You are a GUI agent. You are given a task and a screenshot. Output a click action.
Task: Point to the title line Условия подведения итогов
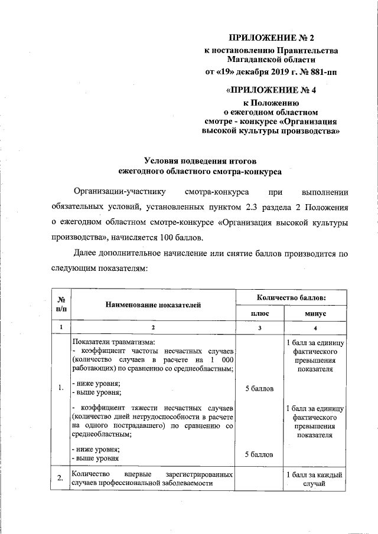pos(201,160)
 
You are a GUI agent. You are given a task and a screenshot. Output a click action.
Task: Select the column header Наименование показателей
pos(153,304)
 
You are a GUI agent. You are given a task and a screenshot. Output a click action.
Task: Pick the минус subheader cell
pos(315,313)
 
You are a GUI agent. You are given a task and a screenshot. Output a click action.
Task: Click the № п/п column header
pos(61,304)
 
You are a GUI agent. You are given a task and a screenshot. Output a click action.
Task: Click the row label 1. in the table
pos(61,387)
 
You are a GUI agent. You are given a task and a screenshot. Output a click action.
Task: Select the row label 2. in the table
pos(61,479)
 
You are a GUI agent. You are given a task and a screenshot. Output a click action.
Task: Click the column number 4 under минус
pos(315,327)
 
